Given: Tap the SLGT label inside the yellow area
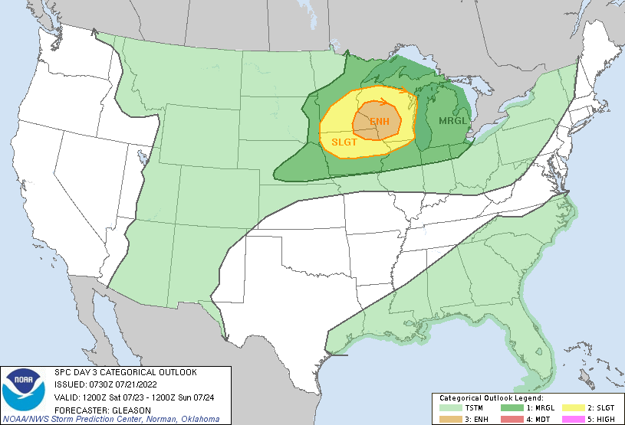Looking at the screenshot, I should (344, 142).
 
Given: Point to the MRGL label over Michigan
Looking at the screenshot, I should (452, 121).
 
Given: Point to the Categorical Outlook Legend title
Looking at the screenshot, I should (491, 398).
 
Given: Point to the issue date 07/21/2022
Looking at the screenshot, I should (139, 384).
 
